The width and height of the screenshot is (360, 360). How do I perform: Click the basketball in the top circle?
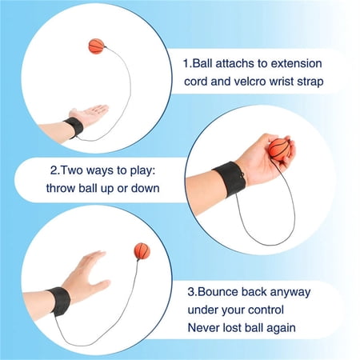(x=96, y=46)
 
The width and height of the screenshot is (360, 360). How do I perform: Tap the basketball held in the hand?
(x=278, y=150)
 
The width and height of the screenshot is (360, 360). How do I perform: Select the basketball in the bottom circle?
(x=142, y=251)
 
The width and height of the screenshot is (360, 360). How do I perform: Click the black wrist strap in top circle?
(x=74, y=128)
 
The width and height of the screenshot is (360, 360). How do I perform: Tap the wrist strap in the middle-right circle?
(x=230, y=179)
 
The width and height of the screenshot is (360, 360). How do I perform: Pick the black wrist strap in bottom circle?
(x=58, y=302)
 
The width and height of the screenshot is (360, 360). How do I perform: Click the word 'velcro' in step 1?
(x=250, y=82)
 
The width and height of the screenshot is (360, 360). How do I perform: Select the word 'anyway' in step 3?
(x=290, y=293)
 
